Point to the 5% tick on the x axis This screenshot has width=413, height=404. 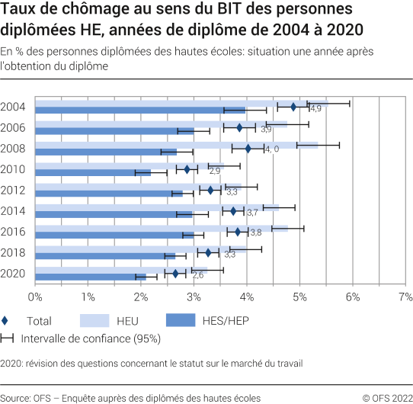coord(299,295)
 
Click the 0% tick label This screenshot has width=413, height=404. coord(35,295)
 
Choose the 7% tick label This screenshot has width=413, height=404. coord(405,295)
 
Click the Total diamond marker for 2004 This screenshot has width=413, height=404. coord(293,107)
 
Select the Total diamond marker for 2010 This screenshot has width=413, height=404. coord(187,169)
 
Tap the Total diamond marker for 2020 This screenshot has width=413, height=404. coord(175,274)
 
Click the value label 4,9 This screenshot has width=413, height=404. coord(315,110)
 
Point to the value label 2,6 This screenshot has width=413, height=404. coord(197,274)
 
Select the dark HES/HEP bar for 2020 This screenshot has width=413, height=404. coord(90,277)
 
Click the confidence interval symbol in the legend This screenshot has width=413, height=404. coord(8,338)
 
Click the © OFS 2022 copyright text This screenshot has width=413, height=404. coord(386,397)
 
